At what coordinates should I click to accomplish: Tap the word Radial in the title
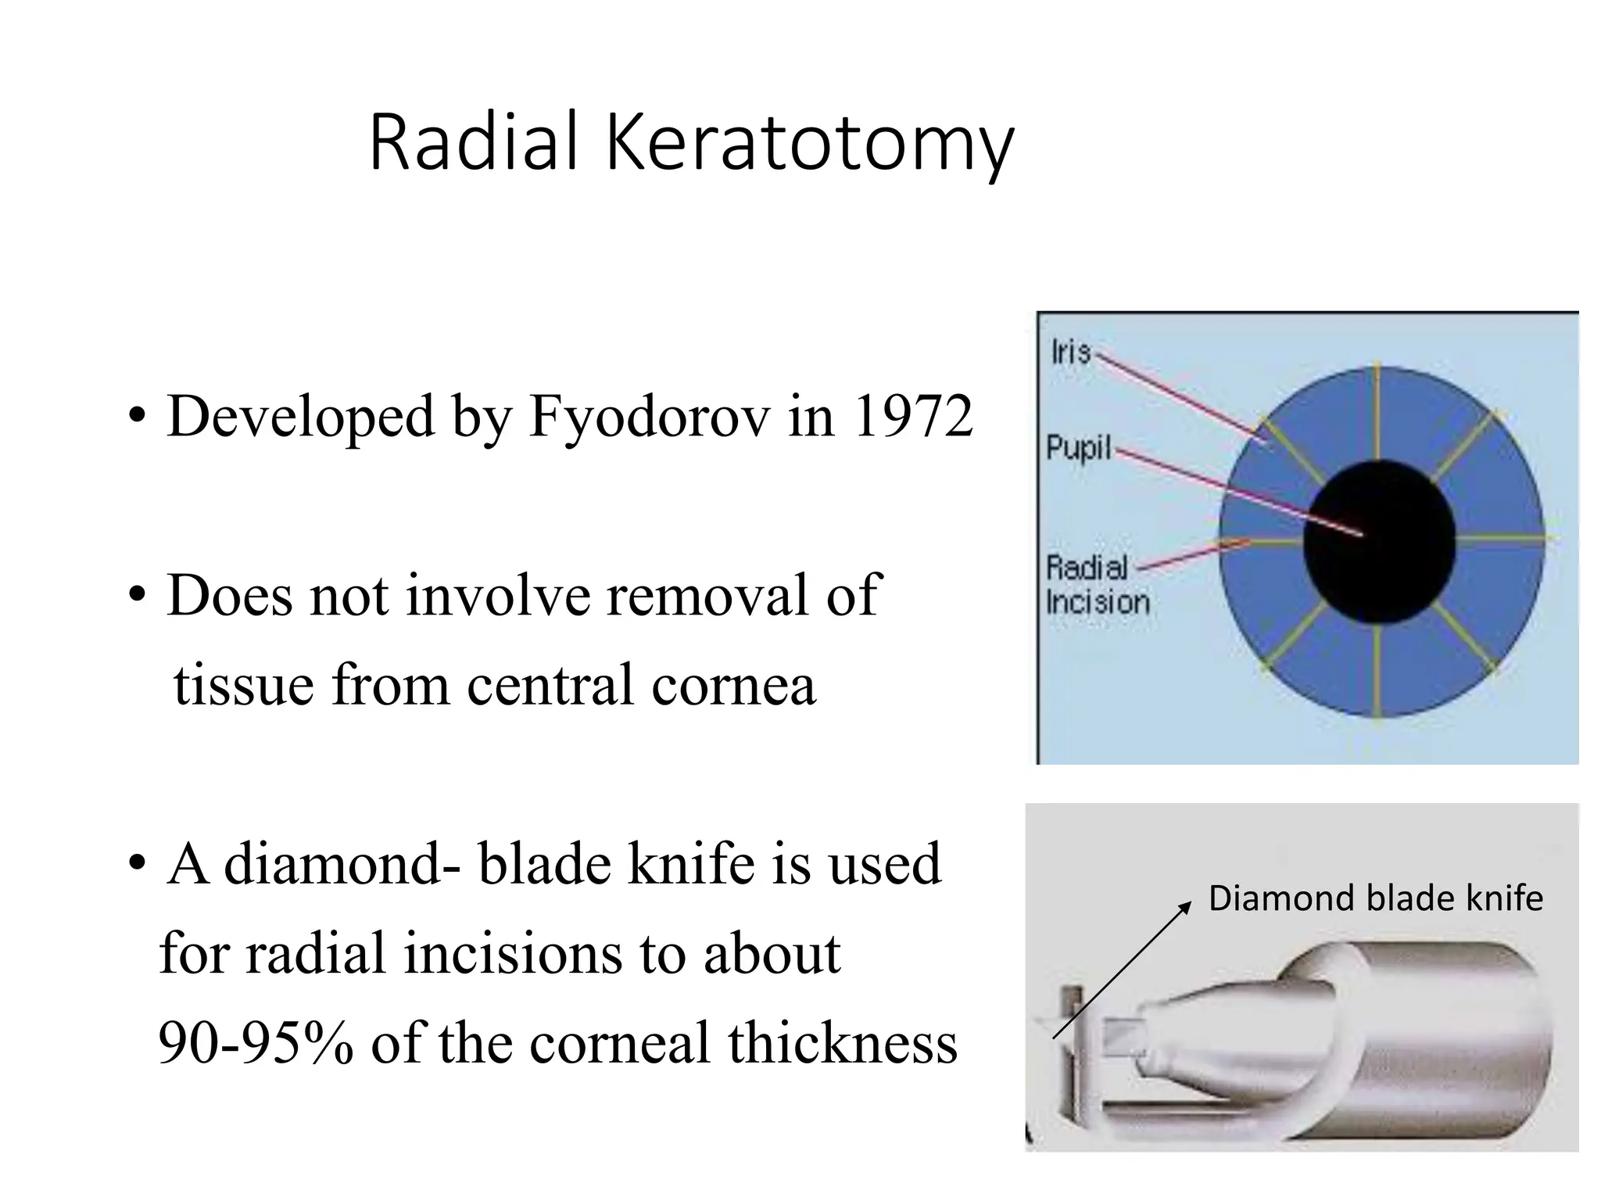473,142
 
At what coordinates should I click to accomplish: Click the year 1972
912,417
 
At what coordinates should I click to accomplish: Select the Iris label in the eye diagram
1070,352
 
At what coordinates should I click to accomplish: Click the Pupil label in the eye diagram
1078,449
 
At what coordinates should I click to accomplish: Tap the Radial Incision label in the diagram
1096,585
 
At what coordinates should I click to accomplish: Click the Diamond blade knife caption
1375,898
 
